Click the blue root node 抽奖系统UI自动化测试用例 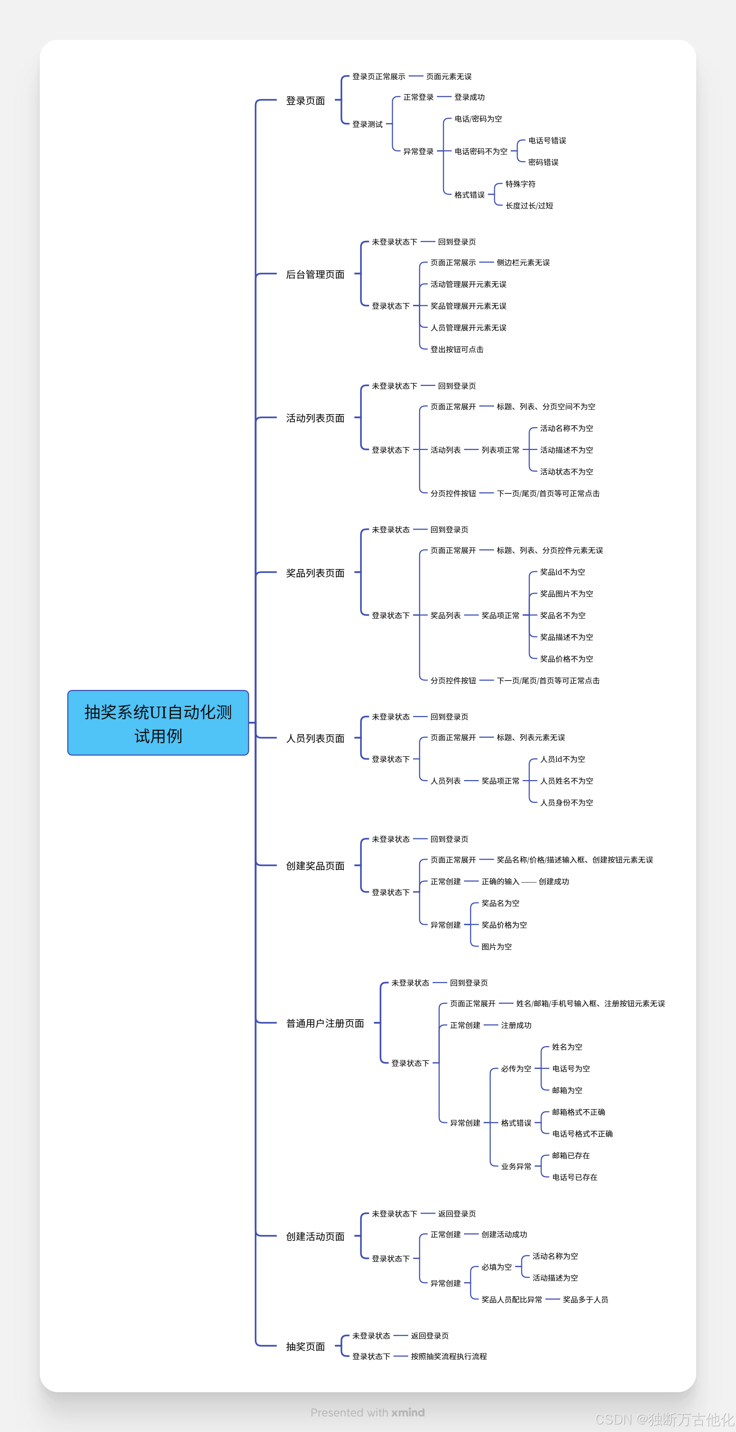(x=158, y=723)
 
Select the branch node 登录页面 (x=305, y=101)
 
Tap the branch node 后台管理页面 (x=315, y=274)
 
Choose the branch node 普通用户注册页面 (x=325, y=1023)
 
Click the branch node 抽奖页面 (x=305, y=1347)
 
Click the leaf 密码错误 (x=543, y=162)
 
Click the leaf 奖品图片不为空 (x=567, y=594)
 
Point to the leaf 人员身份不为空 (x=567, y=803)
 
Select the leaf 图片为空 (x=496, y=947)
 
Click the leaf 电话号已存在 (x=574, y=1178)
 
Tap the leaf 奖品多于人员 (x=585, y=1300)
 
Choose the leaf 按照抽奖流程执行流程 (x=449, y=1356)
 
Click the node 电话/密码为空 (x=478, y=119)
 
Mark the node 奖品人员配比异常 (x=512, y=1300)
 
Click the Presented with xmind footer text (x=367, y=1412)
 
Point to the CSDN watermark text (x=664, y=1420)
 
